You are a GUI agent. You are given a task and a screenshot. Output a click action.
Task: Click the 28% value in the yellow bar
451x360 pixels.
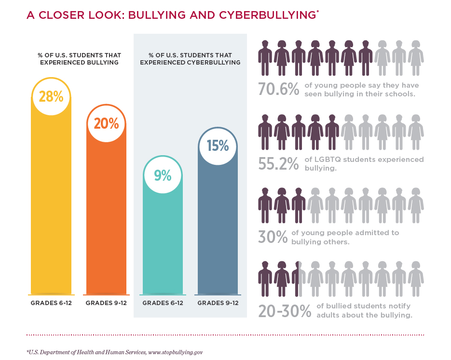[51, 96]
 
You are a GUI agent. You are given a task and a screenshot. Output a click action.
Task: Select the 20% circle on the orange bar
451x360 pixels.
[106, 123]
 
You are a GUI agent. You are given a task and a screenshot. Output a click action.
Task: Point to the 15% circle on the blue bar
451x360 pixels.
[218, 146]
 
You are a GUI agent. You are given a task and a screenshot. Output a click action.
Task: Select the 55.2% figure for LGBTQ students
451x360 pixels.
[278, 164]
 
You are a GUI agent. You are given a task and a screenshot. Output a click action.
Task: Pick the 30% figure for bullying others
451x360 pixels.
[273, 237]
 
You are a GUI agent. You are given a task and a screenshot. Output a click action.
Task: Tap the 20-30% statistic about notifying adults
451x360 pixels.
[285, 311]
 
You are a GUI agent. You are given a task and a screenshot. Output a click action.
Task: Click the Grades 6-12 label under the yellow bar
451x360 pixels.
[51, 303]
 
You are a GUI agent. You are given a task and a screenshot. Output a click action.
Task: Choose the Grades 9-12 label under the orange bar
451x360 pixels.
[106, 303]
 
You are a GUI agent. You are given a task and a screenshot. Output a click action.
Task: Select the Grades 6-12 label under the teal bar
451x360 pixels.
[163, 303]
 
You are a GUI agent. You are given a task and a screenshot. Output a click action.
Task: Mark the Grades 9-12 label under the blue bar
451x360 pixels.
[218, 303]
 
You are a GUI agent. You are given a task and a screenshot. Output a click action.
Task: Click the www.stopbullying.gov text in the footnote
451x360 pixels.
[175, 352]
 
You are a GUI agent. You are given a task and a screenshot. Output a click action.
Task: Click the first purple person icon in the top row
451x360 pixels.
[265, 57]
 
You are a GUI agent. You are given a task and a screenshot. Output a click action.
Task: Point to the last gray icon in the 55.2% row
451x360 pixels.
[415, 132]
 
